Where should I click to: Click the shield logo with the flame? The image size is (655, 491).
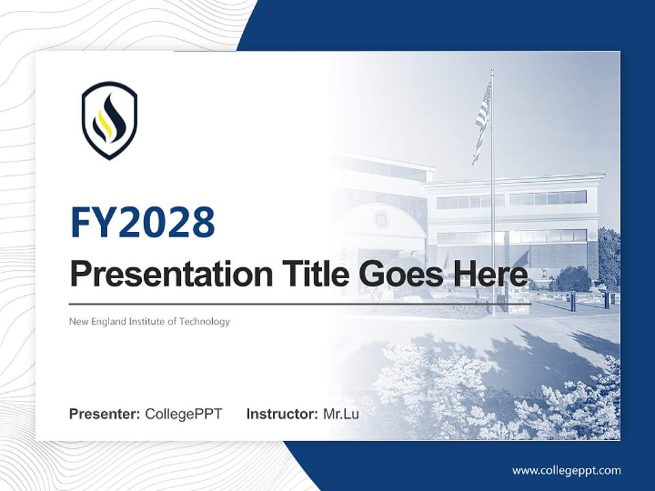(x=109, y=121)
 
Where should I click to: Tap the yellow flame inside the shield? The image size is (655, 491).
(x=104, y=123)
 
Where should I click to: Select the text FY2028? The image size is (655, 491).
(x=143, y=222)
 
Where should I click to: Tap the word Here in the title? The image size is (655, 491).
(x=489, y=275)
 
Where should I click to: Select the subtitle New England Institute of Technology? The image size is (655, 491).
(x=149, y=321)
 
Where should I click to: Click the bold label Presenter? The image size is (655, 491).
(x=105, y=414)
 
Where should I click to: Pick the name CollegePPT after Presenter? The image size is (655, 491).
(x=184, y=414)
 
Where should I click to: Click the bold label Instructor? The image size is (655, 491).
(x=282, y=414)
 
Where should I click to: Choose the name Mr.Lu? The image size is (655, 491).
(x=341, y=414)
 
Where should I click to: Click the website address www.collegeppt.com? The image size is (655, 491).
(x=566, y=470)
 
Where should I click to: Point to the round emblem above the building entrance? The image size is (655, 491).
(x=380, y=219)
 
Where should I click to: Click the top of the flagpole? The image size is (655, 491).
(x=492, y=70)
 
